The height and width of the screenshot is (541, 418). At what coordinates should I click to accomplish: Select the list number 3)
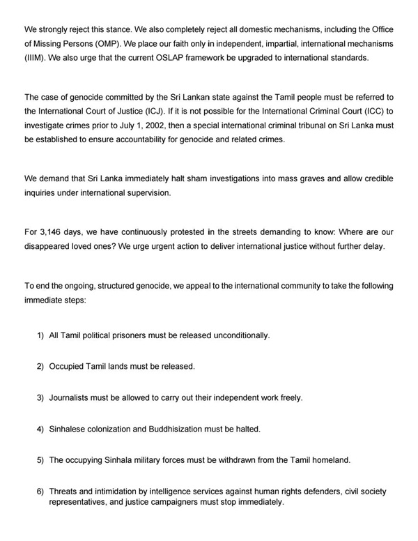point(40,398)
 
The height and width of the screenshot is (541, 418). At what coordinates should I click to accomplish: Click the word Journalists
point(72,398)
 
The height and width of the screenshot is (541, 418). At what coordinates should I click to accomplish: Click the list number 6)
point(40,492)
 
